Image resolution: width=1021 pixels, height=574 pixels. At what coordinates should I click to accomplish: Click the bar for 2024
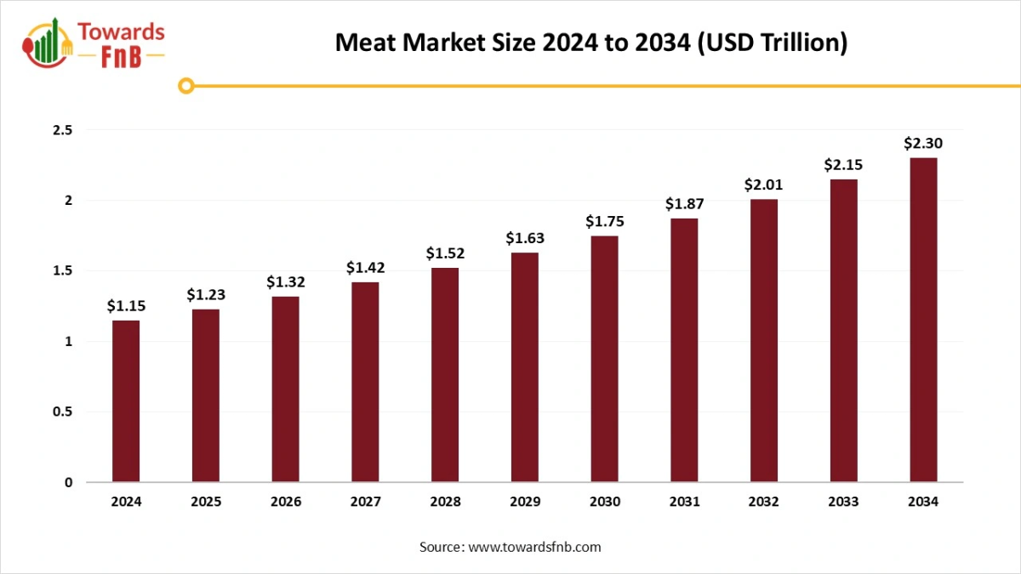coord(126,401)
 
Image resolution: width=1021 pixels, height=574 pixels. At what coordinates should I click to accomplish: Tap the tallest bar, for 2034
coord(923,320)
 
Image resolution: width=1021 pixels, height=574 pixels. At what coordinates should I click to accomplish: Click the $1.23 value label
coord(205,295)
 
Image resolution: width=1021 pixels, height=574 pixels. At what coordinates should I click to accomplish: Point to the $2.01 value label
coord(763,185)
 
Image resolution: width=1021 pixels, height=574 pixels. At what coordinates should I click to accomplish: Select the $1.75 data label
coord(604,221)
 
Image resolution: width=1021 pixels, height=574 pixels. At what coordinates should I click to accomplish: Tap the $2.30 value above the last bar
coord(923,143)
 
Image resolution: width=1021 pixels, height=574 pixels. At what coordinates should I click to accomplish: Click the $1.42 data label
coord(365,268)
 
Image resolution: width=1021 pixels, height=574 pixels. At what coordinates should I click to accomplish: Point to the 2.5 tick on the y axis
coord(63,130)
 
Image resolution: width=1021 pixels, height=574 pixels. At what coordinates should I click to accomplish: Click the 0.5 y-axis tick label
coord(63,412)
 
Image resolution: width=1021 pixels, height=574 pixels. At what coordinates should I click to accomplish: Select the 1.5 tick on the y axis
coord(63,271)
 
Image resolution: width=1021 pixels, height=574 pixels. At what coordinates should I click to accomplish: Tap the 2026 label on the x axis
coord(286,502)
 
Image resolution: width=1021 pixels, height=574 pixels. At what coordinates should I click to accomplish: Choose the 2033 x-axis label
coord(843,502)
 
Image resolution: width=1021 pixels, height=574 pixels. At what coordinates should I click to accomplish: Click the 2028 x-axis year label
coord(445,502)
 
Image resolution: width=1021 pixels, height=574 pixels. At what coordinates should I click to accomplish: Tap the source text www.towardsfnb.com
coord(534,547)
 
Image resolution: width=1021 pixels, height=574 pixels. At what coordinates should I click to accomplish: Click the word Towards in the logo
coord(121,32)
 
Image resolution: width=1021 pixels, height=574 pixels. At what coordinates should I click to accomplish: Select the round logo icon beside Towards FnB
coord(48,43)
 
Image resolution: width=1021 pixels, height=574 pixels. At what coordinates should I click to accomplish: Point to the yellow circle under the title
coord(187,85)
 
